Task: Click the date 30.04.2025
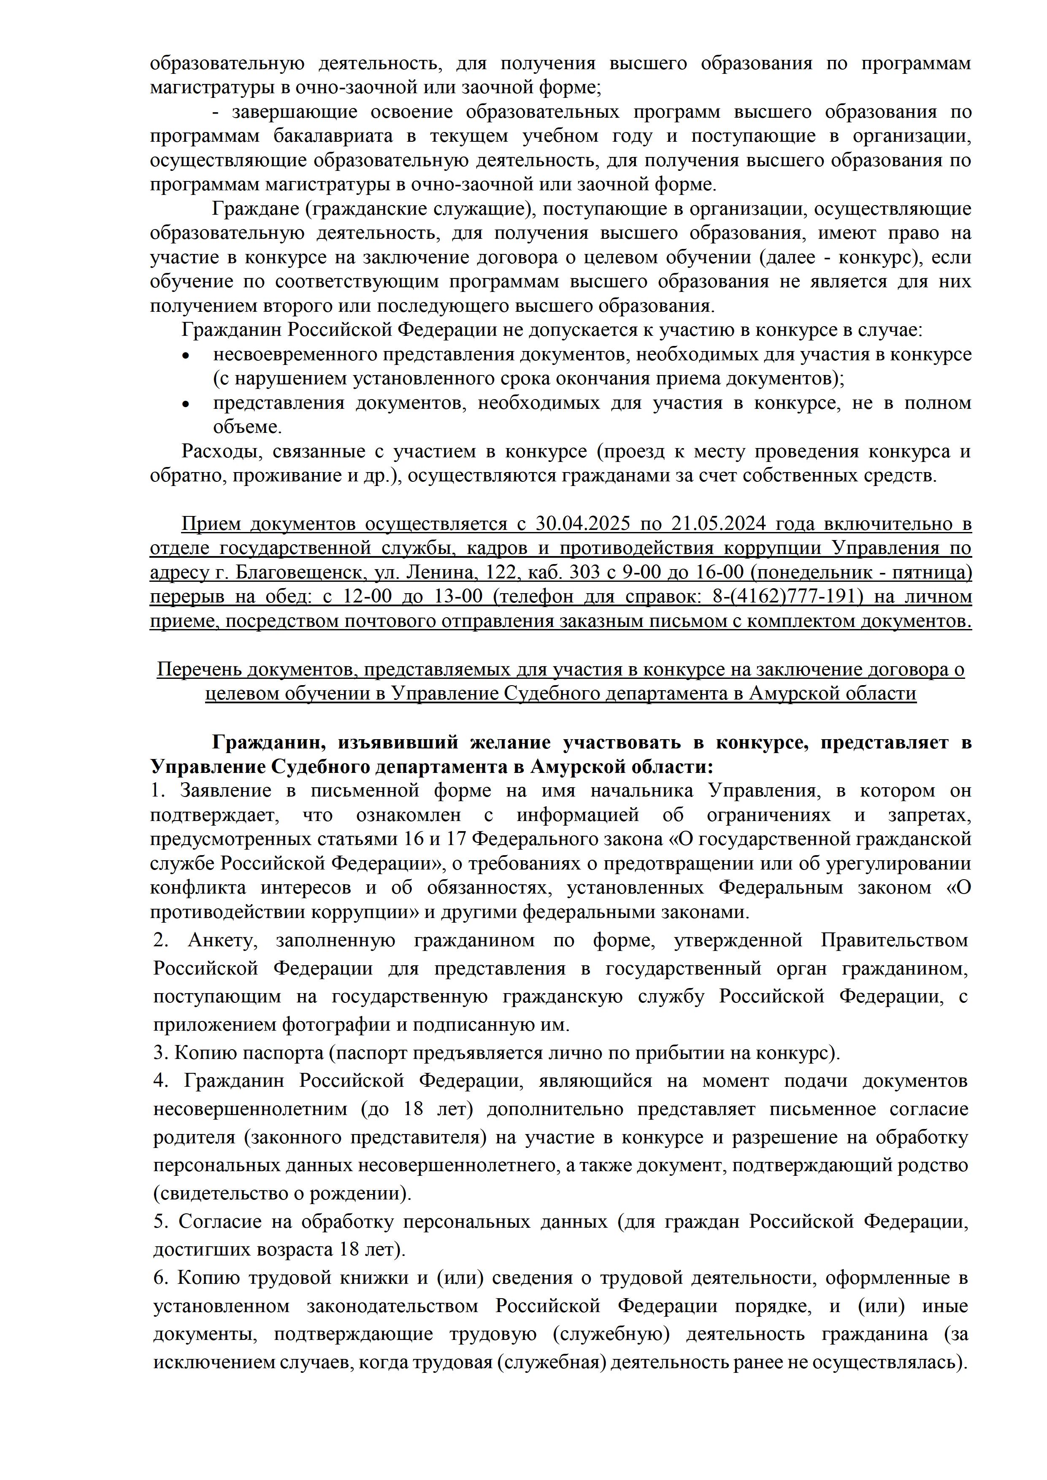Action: pos(582,524)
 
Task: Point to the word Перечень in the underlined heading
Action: pos(193,670)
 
